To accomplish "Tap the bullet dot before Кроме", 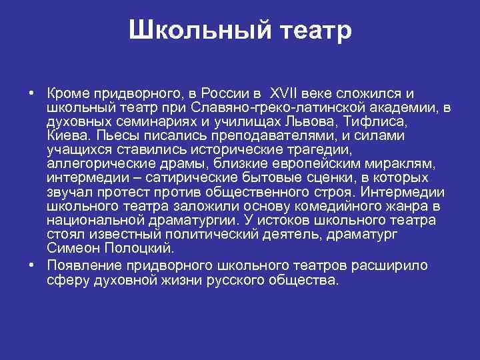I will [x=32, y=93].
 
